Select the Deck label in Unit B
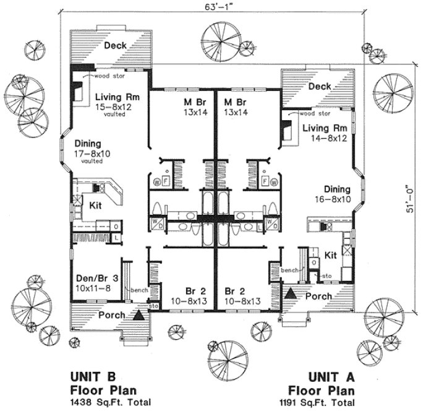point(116,46)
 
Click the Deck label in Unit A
point(320,87)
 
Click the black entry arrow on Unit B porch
point(139,314)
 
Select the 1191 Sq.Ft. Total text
point(320,401)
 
